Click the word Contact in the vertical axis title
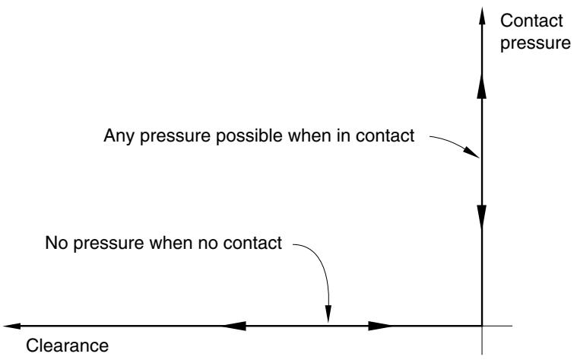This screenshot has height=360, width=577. [x=531, y=21]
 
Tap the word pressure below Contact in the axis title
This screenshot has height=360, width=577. [x=535, y=43]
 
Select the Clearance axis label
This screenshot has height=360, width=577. [x=68, y=346]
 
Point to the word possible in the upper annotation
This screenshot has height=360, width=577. [x=249, y=135]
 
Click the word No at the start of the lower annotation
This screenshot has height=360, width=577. [x=56, y=243]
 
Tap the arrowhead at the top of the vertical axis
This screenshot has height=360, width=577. [x=482, y=16]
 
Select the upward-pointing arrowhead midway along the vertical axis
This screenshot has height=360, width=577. [x=482, y=86]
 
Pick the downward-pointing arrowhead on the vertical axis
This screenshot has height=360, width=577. [x=482, y=218]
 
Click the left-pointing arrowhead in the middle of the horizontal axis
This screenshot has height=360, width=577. [x=234, y=326]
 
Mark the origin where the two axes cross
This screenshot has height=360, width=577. [x=482, y=326]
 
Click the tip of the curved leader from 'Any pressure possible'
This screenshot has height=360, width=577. [x=479, y=158]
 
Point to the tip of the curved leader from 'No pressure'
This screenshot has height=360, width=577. [x=328, y=322]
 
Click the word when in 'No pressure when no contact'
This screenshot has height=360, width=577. [x=171, y=243]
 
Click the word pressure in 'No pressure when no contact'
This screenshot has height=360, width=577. [x=109, y=244]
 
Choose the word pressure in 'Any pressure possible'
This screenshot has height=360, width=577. [x=175, y=136]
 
